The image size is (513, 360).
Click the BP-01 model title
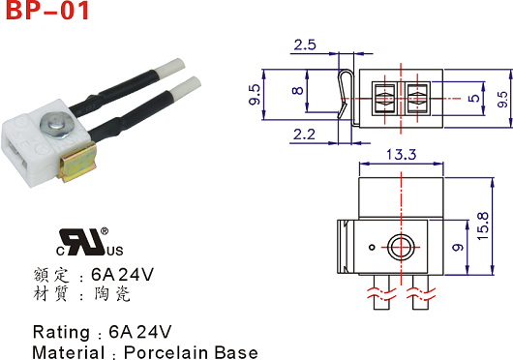pyautogui.click(x=47, y=10)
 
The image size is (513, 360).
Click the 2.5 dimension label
pyautogui.click(x=305, y=45)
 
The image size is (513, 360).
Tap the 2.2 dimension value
pyautogui.click(x=304, y=135)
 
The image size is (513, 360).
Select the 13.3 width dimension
pyautogui.click(x=402, y=154)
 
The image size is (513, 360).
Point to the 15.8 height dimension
pyautogui.click(x=483, y=225)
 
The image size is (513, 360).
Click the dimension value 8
pyautogui.click(x=297, y=91)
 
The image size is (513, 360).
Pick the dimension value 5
pyautogui.click(x=473, y=98)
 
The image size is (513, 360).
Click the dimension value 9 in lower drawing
pyautogui.click(x=458, y=247)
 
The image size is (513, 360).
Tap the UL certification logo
pyautogui.click(x=89, y=242)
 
